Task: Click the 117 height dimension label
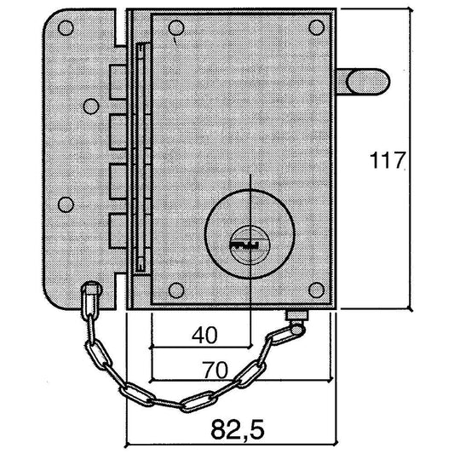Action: (x=387, y=160)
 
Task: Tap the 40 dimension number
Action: (x=204, y=335)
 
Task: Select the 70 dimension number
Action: (x=215, y=370)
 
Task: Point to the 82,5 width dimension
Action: (x=238, y=429)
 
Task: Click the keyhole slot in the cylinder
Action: (x=244, y=245)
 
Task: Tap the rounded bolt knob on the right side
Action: (x=368, y=82)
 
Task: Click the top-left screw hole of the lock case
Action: (x=176, y=28)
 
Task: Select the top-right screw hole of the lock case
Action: (x=317, y=28)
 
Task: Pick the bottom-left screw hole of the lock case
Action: (x=176, y=290)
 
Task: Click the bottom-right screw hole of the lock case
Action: (x=317, y=290)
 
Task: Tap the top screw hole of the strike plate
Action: (x=66, y=28)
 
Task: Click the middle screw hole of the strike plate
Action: (x=91, y=106)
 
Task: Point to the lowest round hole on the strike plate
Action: (x=66, y=204)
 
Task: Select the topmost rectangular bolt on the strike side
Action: (x=118, y=82)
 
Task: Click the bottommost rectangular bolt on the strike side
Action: (x=118, y=231)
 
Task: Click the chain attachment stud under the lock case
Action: (x=296, y=315)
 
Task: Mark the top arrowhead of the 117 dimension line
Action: (x=410, y=9)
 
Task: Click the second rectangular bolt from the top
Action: (x=118, y=132)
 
